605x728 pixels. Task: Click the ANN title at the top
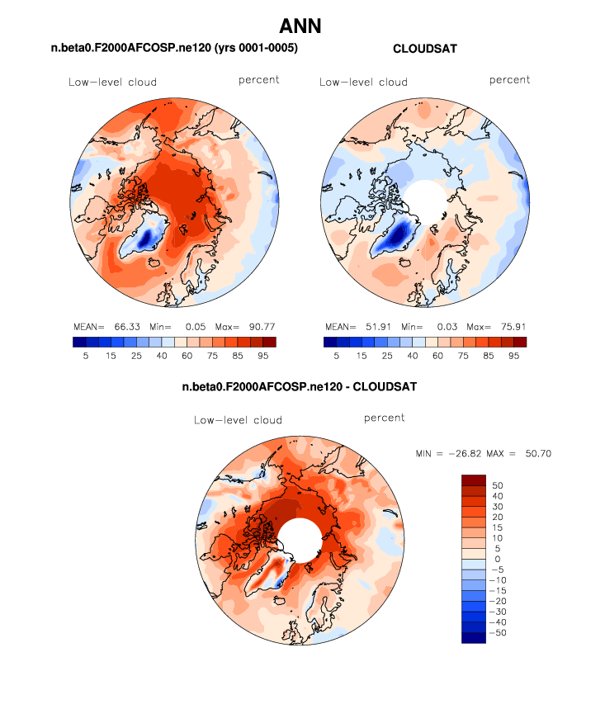coord(301,26)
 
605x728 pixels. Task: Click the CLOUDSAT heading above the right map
coord(425,50)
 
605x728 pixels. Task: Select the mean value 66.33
coord(126,326)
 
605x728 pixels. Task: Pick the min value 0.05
coord(191,326)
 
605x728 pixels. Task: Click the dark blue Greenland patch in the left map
coord(146,239)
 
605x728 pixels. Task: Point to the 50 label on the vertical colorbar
coord(498,485)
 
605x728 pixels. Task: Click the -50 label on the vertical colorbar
coord(500,631)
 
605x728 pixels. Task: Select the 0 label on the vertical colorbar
coord(495,558)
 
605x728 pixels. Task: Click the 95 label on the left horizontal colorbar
coord(263,356)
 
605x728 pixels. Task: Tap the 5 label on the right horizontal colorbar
coord(336,356)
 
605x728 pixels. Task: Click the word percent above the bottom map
coord(384,418)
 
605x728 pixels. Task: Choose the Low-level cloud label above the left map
coord(112,83)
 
